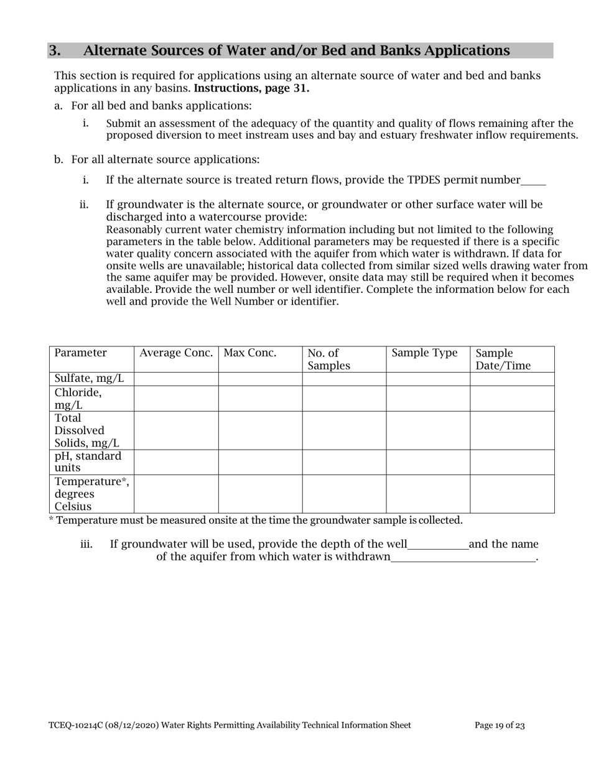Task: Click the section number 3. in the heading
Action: pos(55,51)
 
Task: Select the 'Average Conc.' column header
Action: pos(176,353)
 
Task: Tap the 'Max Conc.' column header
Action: pos(250,353)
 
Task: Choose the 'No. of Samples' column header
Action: pos(328,359)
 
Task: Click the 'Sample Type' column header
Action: pos(424,353)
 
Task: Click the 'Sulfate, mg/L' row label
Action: pos(90,379)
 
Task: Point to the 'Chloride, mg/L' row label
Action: pos(78,399)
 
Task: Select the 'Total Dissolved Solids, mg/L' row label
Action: pos(86,430)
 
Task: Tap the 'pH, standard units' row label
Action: pos(88,462)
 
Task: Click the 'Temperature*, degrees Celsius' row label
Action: pos(91,494)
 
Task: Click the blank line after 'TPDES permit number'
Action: pos(533,181)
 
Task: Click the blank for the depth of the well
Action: pos(438,545)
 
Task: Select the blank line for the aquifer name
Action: pos(463,558)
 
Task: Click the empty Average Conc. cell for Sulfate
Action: pos(176,379)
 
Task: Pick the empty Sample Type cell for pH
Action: pos(428,462)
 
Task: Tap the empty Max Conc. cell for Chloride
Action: pos(260,399)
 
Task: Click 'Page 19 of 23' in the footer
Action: pos(500,725)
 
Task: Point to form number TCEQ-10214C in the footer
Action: pos(75,725)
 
